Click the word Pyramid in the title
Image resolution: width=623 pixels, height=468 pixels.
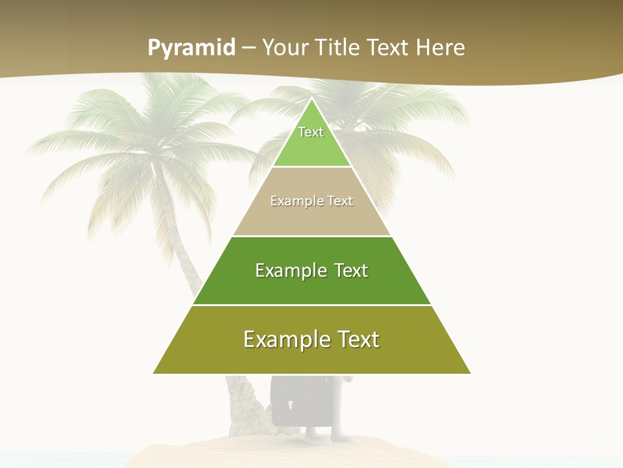[191, 48]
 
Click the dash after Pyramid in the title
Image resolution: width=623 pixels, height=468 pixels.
[249, 48]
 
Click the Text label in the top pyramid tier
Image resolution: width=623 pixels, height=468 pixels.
[311, 132]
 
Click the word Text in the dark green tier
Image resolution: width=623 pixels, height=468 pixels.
[351, 270]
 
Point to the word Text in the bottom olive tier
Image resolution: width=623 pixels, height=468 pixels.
[358, 339]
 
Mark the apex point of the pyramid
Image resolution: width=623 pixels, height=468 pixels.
[312, 99]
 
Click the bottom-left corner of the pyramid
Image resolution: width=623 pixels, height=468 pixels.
[154, 373]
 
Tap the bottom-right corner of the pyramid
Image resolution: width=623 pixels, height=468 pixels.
[470, 373]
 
